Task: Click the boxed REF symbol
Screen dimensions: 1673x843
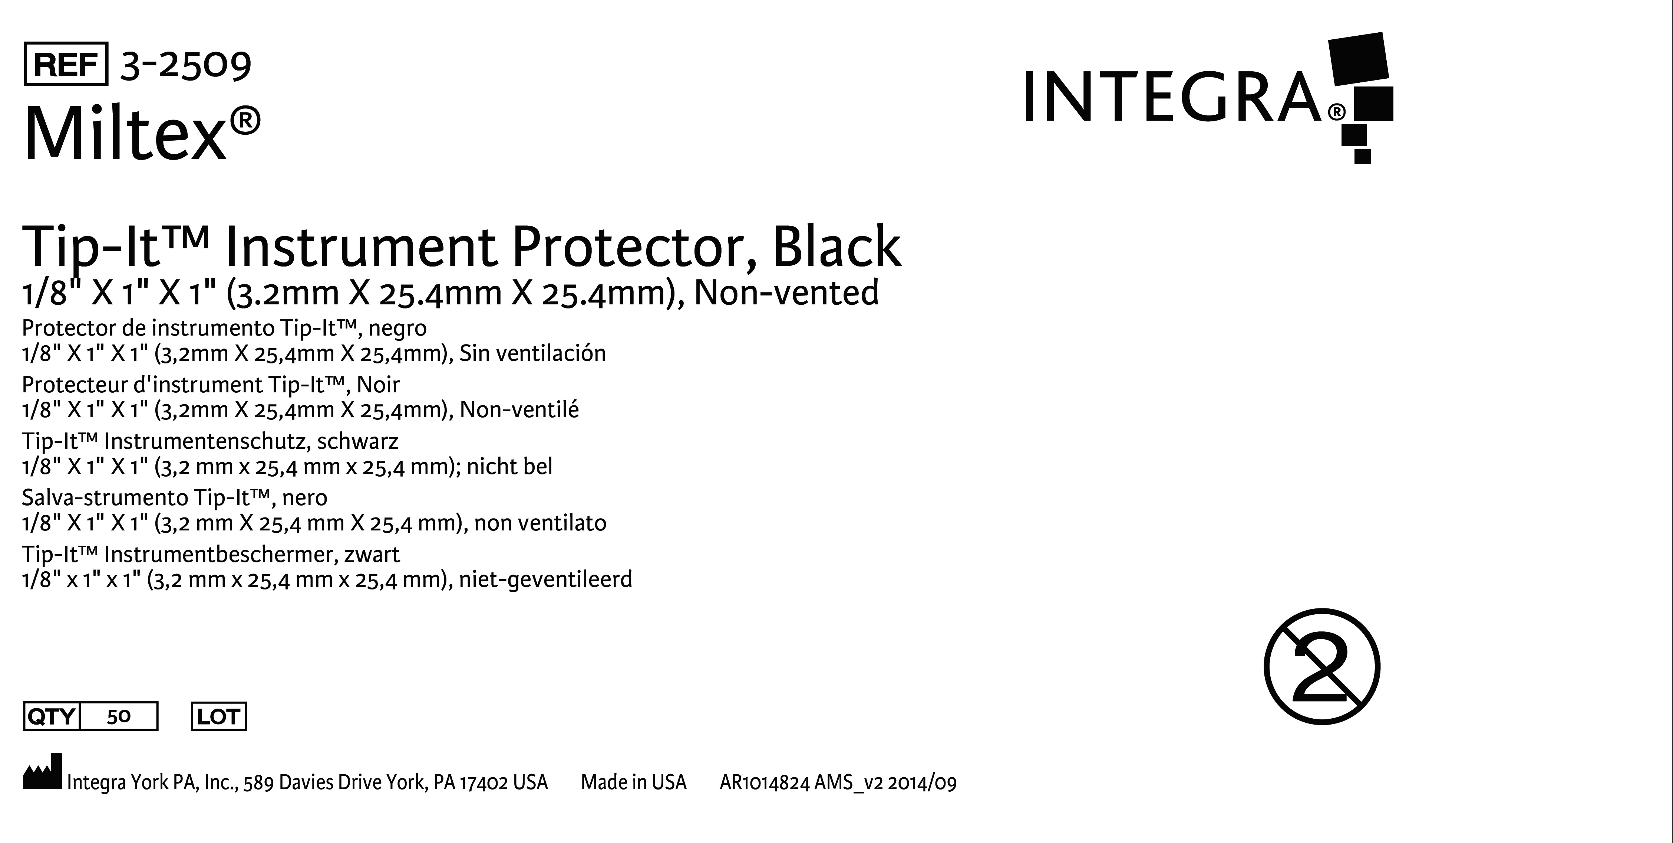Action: click(66, 64)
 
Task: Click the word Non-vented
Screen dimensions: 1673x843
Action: click(786, 293)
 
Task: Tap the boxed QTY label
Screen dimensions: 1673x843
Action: click(51, 716)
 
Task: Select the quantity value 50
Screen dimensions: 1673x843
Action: click(119, 716)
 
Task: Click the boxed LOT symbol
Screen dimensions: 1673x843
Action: click(219, 716)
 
